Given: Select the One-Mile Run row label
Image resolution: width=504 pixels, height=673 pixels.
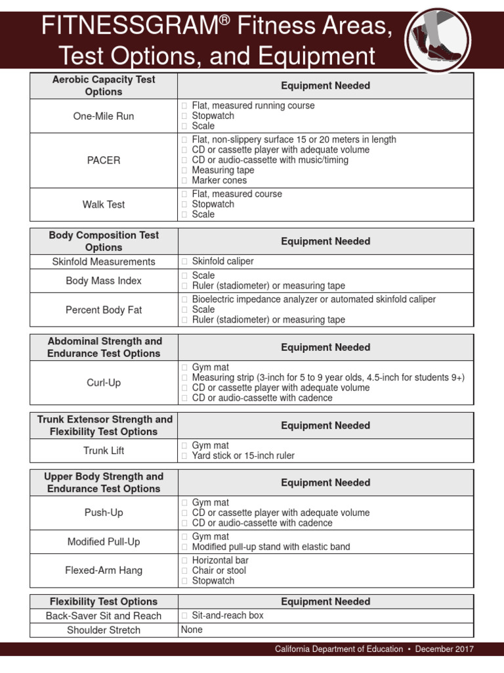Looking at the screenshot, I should pos(104,116).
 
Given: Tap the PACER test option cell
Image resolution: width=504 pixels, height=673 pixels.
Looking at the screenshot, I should pos(104,160).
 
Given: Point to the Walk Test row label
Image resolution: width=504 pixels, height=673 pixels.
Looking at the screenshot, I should pos(104,204).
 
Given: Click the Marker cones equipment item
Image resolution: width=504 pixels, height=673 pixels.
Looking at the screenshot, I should pos(219,180).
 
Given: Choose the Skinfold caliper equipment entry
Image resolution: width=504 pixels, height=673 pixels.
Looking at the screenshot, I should pos(222,262).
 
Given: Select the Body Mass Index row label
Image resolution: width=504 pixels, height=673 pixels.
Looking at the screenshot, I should pos(104,281).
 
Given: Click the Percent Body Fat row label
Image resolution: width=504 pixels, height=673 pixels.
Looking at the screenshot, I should pos(104,310).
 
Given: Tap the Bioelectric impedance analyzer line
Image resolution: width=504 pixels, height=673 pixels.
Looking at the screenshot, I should pos(314,300).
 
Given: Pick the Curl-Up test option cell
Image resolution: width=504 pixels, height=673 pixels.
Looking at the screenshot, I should pos(104,383).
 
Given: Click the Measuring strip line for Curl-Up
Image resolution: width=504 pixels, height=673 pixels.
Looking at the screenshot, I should pos(328,378).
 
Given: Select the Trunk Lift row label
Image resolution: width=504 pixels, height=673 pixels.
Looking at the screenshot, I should pos(104,451).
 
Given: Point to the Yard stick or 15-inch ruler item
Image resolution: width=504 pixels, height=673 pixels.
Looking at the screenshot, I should pos(243,456).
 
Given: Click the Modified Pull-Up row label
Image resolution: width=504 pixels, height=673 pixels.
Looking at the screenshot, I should pos(104,542).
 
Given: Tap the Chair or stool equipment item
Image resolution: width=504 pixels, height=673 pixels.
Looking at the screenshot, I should pos(219,570).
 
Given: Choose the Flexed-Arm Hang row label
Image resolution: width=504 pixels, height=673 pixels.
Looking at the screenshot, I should pos(104,570).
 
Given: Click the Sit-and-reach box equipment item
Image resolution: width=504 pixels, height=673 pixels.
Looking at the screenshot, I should pos(228,616).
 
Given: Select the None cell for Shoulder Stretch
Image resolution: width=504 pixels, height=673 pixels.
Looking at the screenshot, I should pos(192,630).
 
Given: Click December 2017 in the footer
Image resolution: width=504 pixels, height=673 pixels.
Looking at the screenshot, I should pos(445,649).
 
